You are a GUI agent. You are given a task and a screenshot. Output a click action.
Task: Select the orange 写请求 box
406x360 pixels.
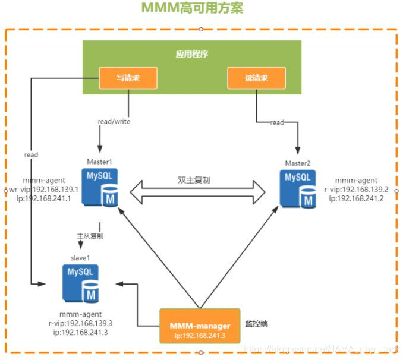128,77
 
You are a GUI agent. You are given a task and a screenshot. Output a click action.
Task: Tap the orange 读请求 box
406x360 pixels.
256,77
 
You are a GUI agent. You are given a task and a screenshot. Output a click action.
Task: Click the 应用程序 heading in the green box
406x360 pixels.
191,54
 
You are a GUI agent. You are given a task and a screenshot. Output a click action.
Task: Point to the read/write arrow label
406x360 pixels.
114,121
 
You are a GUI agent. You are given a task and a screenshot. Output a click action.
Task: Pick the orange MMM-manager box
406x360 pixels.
199,326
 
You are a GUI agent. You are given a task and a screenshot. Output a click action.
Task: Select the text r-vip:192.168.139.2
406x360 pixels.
357,190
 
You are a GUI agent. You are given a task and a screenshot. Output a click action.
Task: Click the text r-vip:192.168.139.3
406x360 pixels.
81,324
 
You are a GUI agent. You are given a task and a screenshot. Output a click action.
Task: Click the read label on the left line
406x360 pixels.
31,154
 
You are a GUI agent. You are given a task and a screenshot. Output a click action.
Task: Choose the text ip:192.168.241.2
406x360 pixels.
357,198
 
